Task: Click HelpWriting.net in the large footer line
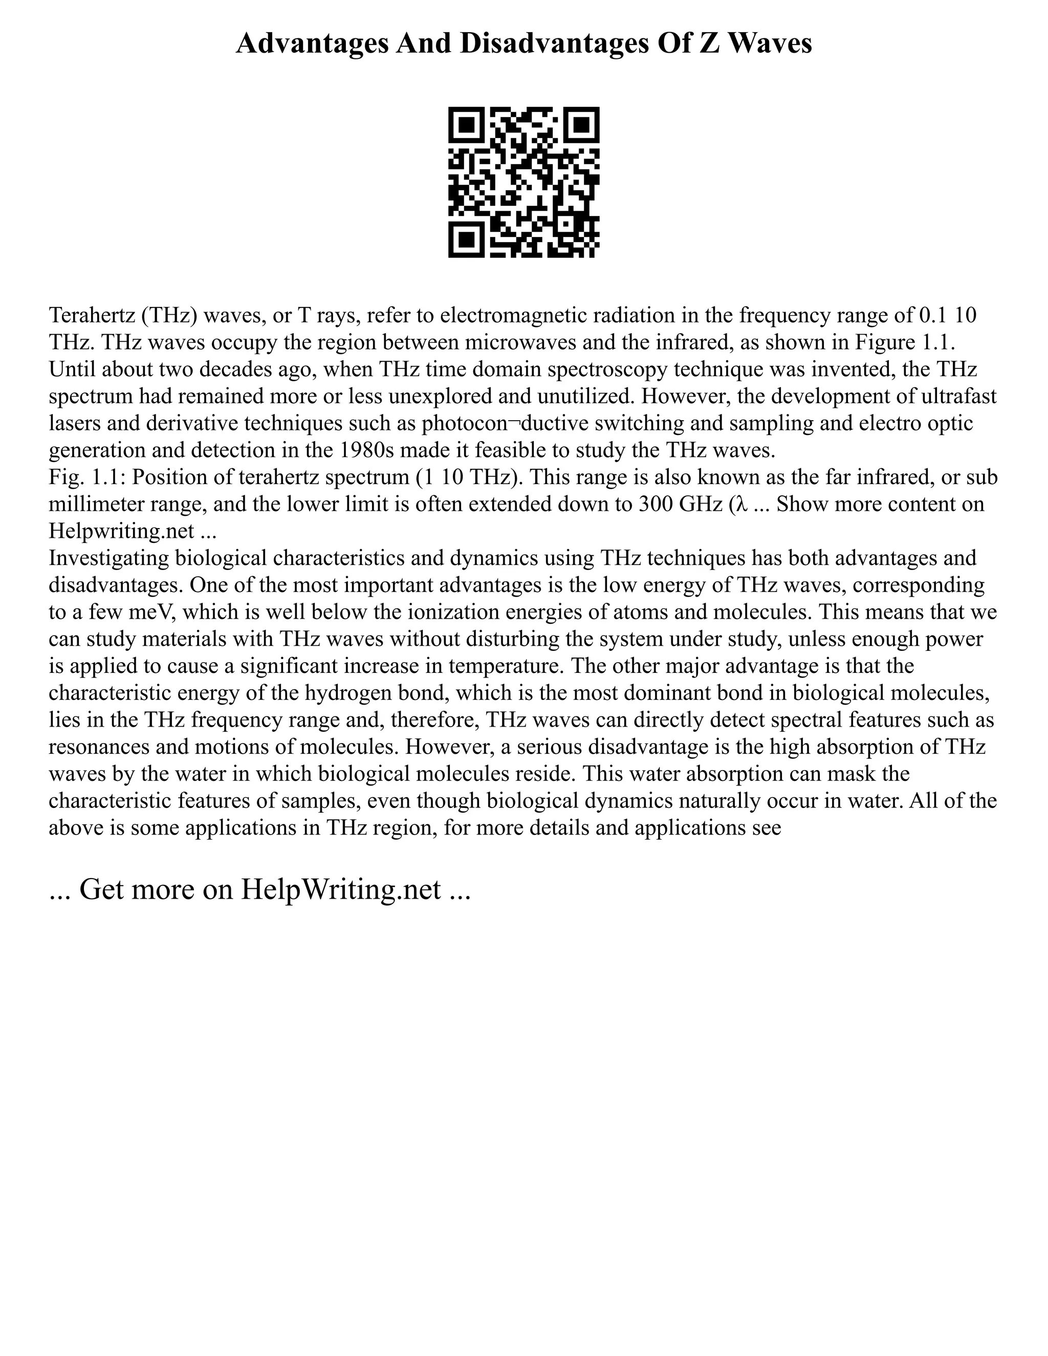click(340, 889)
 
